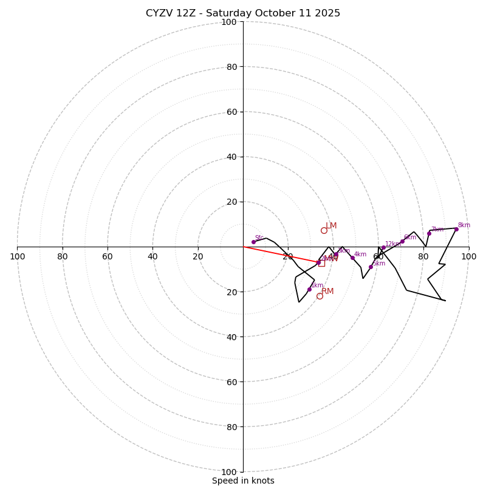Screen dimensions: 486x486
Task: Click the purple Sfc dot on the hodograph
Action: pyautogui.click(x=253, y=242)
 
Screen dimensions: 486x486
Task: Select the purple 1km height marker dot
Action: pyautogui.click(x=309, y=289)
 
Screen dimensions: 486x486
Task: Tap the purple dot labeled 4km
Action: pyautogui.click(x=352, y=258)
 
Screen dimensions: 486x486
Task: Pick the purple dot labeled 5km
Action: pyautogui.click(x=371, y=267)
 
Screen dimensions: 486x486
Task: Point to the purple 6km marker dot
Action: pyautogui.click(x=402, y=241)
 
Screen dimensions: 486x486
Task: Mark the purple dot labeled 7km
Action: pyautogui.click(x=429, y=233)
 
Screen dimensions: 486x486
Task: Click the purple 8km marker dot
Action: pyautogui.click(x=456, y=229)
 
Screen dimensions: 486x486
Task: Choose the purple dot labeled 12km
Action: pyautogui.click(x=383, y=248)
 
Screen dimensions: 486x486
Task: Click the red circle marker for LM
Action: pyautogui.click(x=324, y=230)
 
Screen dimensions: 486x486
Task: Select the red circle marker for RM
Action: pyautogui.click(x=320, y=296)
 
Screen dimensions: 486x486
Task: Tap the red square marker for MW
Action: pyautogui.click(x=321, y=263)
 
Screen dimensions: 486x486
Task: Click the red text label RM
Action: pyautogui.click(x=327, y=292)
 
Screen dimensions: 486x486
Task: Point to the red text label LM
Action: pyautogui.click(x=331, y=226)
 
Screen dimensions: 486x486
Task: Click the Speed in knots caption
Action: pyautogui.click(x=243, y=481)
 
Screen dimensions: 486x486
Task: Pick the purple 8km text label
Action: pyautogui.click(x=464, y=225)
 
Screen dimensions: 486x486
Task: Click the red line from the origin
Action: pyautogui.click(x=279, y=255)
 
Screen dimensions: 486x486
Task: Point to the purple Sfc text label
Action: pyautogui.click(x=259, y=238)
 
